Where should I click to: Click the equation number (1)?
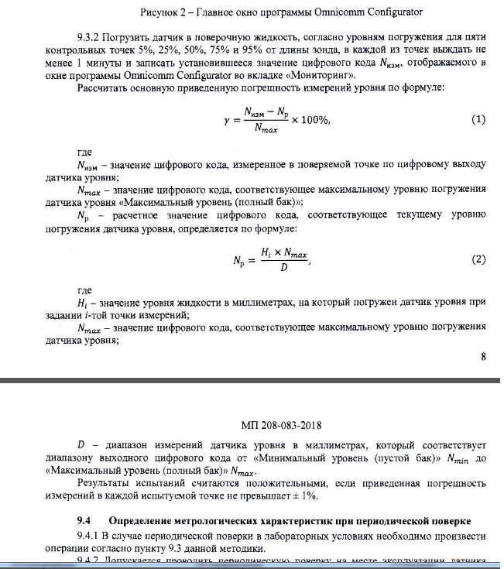(478, 120)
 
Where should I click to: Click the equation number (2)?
(478, 259)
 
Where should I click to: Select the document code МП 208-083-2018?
(280, 425)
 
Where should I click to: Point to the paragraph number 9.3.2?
(91, 36)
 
